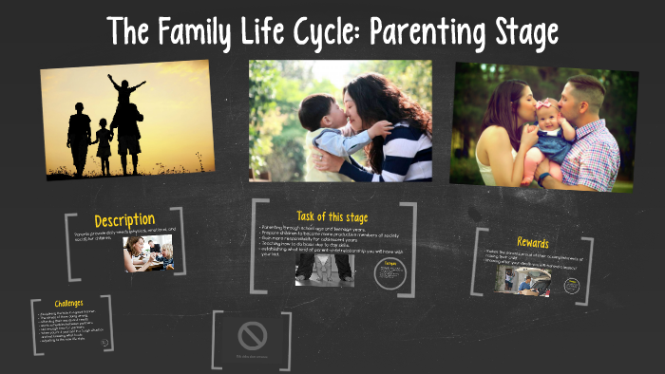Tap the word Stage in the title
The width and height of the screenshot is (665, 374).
pyautogui.click(x=520, y=31)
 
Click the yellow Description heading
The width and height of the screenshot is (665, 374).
pyautogui.click(x=124, y=221)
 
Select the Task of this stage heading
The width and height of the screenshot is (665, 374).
pyautogui.click(x=332, y=217)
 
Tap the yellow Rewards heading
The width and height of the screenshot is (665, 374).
pyautogui.click(x=532, y=243)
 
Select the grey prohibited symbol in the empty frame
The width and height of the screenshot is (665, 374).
pyautogui.click(x=253, y=335)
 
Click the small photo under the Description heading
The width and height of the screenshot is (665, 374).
pyautogui.click(x=148, y=254)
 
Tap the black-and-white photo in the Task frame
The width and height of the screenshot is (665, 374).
pyautogui.click(x=324, y=269)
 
